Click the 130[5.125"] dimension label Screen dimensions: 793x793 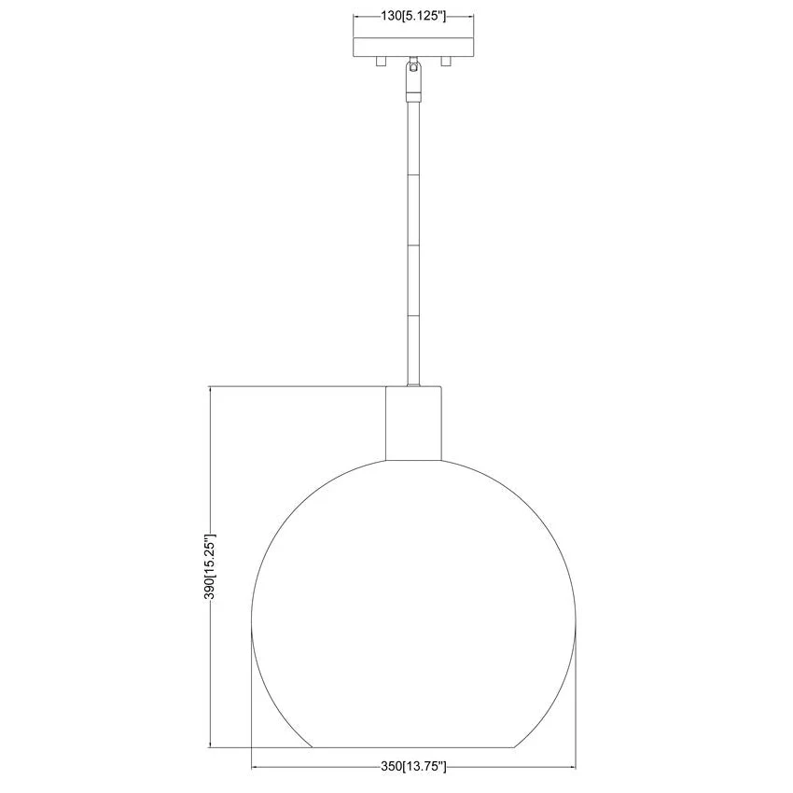[413, 16]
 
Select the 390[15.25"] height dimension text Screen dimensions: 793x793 [209, 566]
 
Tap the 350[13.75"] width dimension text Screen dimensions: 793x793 [413, 781]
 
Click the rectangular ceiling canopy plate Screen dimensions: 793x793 [413, 47]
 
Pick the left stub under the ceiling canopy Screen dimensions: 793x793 [381, 62]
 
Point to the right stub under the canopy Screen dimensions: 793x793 [446, 62]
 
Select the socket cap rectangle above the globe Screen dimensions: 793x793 [413, 424]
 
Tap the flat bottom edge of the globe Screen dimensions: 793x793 [413, 747]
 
